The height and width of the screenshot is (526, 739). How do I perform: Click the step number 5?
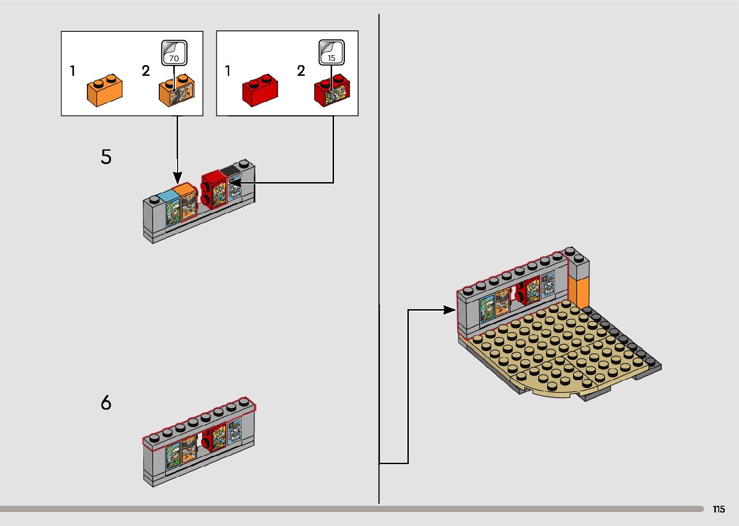tap(106, 157)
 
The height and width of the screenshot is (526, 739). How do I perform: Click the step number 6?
tap(106, 402)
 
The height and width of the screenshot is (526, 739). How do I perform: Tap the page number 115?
tap(719, 509)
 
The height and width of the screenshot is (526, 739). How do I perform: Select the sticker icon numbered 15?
tap(331, 52)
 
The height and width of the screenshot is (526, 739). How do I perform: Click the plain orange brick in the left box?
tap(105, 90)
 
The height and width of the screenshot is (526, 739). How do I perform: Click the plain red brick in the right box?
tap(260, 90)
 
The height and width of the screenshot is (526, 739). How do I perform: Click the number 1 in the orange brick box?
tap(72, 71)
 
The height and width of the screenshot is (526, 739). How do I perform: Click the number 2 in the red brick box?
tap(301, 71)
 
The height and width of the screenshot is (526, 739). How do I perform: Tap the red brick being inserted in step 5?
tap(214, 189)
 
